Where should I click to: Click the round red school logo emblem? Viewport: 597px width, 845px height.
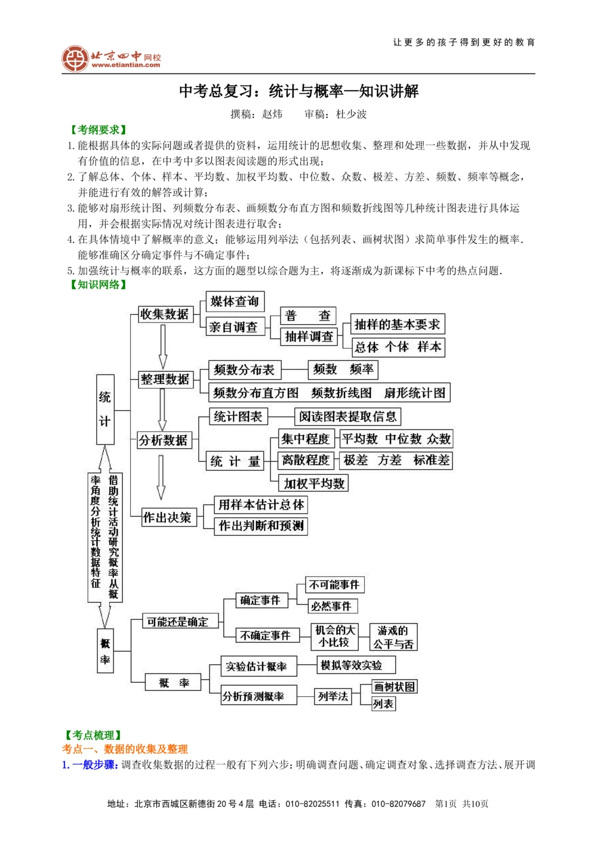75,59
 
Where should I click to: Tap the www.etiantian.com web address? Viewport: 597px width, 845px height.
125,65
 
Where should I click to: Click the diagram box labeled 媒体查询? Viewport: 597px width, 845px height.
235,302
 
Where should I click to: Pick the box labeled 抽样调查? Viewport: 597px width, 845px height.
309,337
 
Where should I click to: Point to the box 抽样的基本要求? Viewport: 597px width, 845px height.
397,324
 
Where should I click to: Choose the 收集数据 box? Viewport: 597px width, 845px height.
164,314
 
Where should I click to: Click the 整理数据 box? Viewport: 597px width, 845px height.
165,379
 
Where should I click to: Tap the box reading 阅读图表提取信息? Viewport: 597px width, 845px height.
347,416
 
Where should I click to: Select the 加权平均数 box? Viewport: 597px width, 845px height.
314,483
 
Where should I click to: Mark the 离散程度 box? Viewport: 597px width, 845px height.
306,460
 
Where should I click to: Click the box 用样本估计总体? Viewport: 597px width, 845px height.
261,505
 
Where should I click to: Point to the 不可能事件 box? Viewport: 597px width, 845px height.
334,585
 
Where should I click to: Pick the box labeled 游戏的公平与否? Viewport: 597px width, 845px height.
393,637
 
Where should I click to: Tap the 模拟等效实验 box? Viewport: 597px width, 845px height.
356,665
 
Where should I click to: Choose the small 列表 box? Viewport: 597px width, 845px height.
383,704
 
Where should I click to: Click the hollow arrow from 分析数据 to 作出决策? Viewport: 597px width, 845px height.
161,477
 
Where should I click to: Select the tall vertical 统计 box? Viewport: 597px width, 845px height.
105,410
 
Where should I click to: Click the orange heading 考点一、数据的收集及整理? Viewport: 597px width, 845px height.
125,749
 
